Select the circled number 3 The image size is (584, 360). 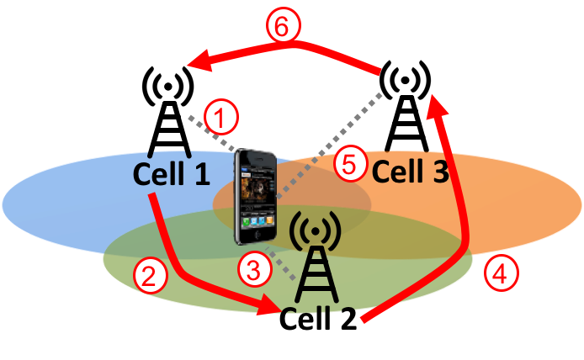click(253, 269)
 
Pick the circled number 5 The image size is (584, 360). click(350, 163)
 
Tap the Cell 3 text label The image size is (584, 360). click(410, 172)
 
